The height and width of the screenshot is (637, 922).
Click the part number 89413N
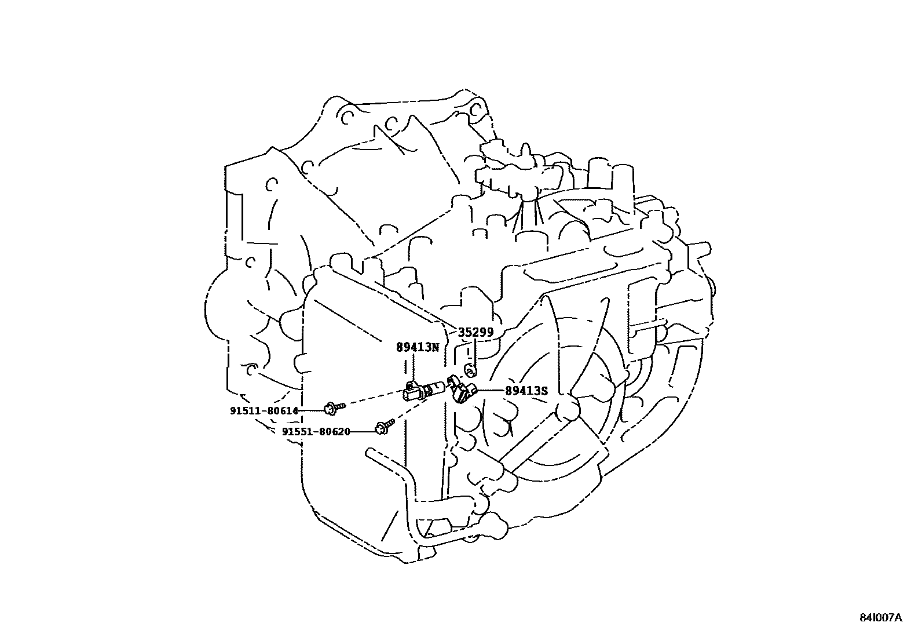click(418, 347)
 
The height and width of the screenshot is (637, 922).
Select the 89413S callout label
click(526, 391)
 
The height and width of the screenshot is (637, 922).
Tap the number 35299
click(475, 333)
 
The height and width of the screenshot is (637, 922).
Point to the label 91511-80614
click(264, 411)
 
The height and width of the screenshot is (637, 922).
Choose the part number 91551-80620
click(316, 432)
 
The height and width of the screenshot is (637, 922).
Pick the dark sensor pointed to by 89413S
click(461, 390)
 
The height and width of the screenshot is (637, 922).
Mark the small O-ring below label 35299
click(470, 370)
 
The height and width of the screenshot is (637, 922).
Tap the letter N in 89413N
click(436, 347)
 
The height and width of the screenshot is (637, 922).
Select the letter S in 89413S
click(544, 391)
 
